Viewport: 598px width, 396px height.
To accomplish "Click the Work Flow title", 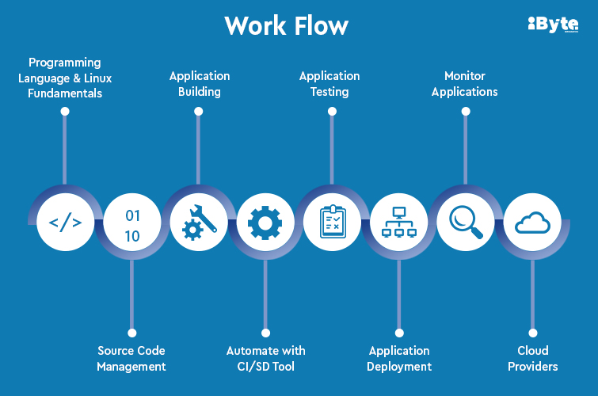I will pos(286,25).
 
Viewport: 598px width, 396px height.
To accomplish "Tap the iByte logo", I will pos(552,25).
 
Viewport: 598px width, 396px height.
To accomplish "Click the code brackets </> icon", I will pos(65,222).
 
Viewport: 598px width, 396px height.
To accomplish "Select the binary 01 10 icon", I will pos(132,225).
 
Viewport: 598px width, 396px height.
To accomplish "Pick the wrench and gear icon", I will pos(199,222).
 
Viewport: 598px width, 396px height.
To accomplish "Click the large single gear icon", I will pos(265,223).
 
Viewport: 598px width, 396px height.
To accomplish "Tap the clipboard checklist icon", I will pos(332,222).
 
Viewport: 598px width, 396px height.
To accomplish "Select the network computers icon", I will pos(398,223).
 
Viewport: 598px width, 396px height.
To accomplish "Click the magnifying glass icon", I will pos(465,222).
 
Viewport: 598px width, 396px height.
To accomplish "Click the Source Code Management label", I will pos(131,358).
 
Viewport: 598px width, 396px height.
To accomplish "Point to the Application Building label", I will pos(200,83).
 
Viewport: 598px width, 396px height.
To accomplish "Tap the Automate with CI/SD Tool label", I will pos(265,358).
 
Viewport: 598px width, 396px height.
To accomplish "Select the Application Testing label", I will pos(329,83).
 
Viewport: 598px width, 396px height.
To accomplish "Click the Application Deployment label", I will pos(399,358).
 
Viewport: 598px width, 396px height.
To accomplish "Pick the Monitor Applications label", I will pos(465,83).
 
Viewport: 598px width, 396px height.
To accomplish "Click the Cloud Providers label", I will pos(533,358).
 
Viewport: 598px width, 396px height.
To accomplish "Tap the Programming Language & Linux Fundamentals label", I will pos(65,77).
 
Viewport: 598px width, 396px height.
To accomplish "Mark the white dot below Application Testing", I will pos(332,112).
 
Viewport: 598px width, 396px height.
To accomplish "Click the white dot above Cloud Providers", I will pos(533,333).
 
